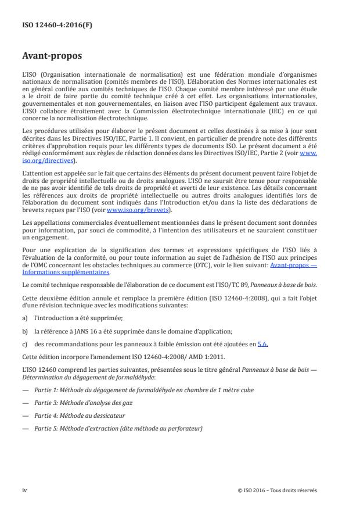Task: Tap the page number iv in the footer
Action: pos(24,490)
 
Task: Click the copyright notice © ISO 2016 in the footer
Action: pos(278,490)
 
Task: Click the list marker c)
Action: pos(24,343)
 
